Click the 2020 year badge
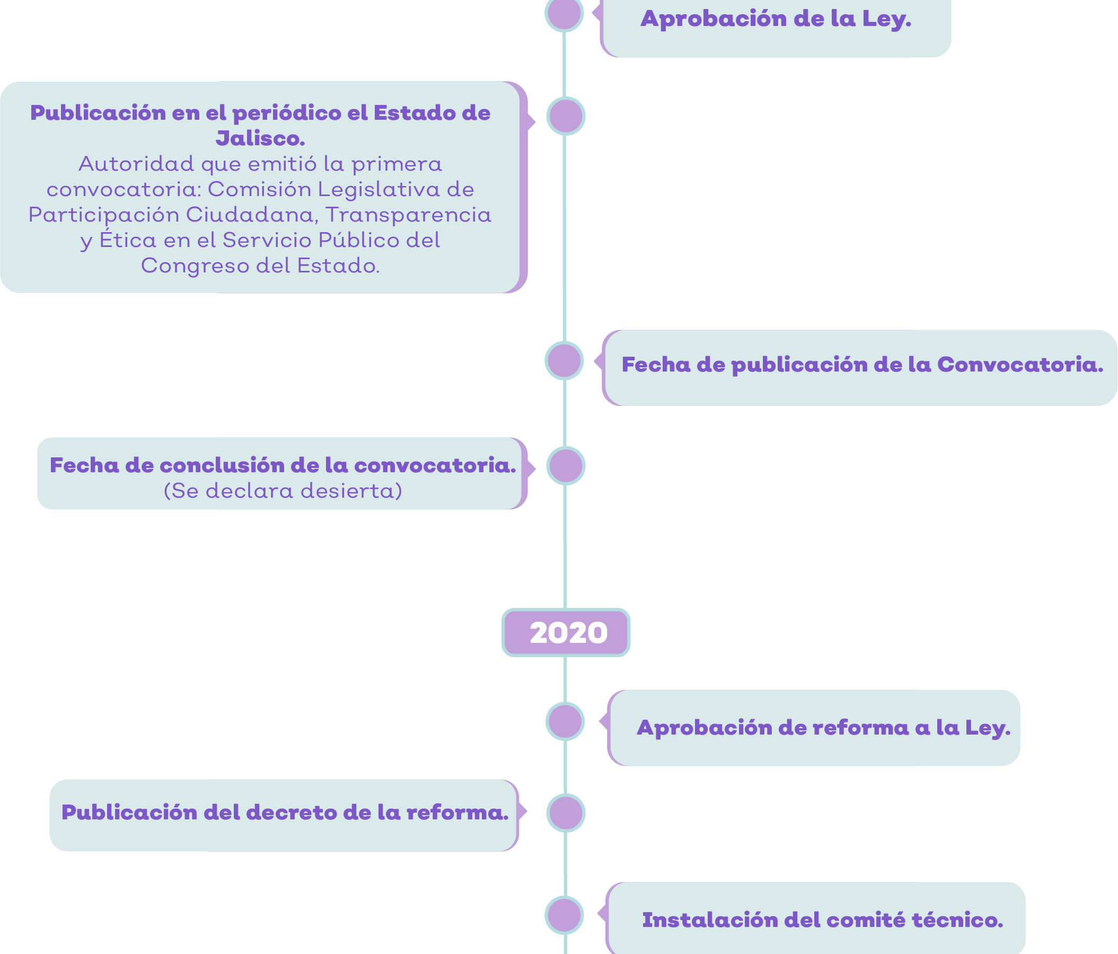tap(566, 632)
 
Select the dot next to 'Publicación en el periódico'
tap(566, 116)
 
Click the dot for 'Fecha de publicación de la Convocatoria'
tap(565, 360)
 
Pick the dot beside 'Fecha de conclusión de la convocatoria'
tap(566, 465)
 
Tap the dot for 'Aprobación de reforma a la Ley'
tap(565, 721)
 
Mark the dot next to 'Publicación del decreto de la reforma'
tap(566, 812)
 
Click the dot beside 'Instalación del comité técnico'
tap(565, 915)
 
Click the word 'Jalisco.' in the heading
tap(261, 139)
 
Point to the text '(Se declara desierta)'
tap(283, 491)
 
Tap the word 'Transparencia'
tap(409, 215)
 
